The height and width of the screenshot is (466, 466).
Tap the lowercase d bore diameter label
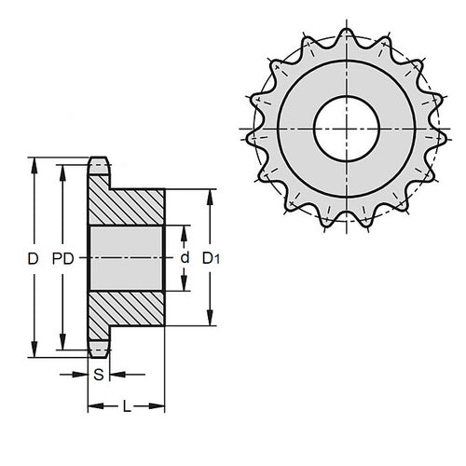click(x=185, y=257)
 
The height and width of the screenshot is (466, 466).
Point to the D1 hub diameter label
click(x=212, y=257)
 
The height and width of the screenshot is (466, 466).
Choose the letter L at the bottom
click(x=125, y=405)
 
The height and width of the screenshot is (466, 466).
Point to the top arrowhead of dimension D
click(x=35, y=163)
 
